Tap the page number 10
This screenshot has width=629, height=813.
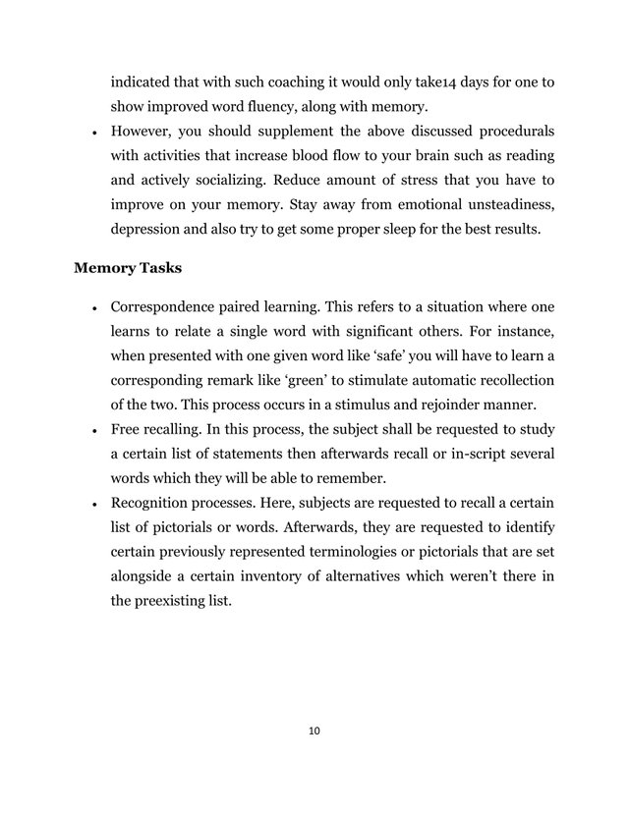[x=314, y=731]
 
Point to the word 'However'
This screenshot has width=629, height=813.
[x=143, y=132]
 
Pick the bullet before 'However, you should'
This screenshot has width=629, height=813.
[x=91, y=132]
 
